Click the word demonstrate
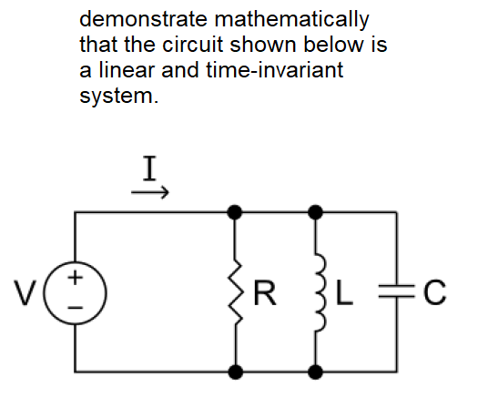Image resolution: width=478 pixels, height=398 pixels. pyautogui.click(x=143, y=19)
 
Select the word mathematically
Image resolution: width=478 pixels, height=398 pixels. pyautogui.click(x=291, y=20)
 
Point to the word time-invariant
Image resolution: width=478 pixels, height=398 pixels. pyautogui.click(x=275, y=70)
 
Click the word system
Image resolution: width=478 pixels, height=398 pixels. pyautogui.click(x=119, y=97)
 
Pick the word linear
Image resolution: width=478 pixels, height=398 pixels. pyautogui.click(x=127, y=70)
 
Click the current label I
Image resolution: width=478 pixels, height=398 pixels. pyautogui.click(x=149, y=168)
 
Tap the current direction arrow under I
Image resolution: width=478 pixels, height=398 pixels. pyautogui.click(x=150, y=192)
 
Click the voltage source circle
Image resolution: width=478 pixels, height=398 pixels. pyautogui.click(x=75, y=262)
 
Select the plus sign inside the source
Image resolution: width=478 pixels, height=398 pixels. pyautogui.click(x=75, y=278)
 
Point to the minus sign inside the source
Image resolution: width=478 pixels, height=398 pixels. pyautogui.click(x=75, y=308)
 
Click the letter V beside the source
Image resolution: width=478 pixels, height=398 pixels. pyautogui.click(x=25, y=292)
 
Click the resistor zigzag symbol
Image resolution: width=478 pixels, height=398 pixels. pyautogui.click(x=236, y=292)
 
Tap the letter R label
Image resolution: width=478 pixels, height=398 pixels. pyautogui.click(x=265, y=292)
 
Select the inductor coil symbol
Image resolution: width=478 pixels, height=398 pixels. pyautogui.click(x=320, y=292)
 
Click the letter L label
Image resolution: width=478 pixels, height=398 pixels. pyautogui.click(x=344, y=292)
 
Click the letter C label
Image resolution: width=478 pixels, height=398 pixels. pyautogui.click(x=434, y=292)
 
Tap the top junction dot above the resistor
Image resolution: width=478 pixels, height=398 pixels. pyautogui.click(x=235, y=212)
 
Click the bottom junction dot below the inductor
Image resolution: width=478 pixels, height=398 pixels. pyautogui.click(x=316, y=372)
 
